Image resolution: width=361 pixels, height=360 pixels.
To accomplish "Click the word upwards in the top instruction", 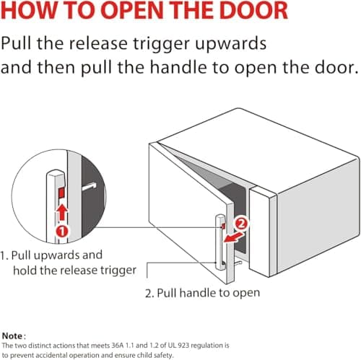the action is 230,45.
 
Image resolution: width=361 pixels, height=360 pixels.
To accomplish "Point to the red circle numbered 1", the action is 62,231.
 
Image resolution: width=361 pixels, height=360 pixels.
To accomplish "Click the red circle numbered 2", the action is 241,224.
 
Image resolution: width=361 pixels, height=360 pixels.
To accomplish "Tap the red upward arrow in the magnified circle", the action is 62,212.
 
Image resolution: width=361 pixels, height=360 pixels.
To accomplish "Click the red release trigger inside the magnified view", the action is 61,193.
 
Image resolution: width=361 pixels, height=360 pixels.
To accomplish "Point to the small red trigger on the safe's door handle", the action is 223,226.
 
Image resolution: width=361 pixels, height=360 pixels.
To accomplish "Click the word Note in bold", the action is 12,336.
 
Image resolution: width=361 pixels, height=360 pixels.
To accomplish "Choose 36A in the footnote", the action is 118,346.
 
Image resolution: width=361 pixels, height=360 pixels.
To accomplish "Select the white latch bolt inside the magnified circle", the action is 89,186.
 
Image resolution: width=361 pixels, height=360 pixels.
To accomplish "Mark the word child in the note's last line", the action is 151,355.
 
